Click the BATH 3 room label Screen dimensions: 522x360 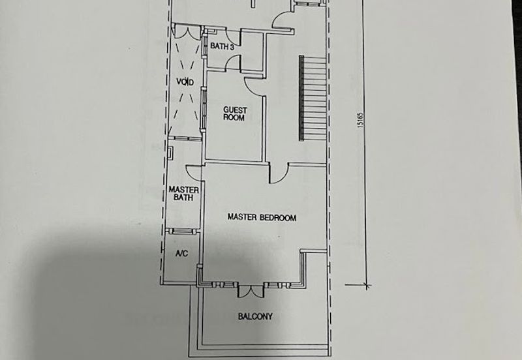222,46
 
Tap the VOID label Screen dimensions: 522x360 185,82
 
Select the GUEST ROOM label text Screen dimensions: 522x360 235,113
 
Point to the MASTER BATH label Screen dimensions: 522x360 183,193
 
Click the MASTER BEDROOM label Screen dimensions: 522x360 262,217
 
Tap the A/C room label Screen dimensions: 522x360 181,254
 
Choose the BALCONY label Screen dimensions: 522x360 255,316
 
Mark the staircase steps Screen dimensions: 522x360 313,98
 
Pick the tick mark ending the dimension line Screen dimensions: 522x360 367,285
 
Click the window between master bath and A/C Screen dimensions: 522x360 180,231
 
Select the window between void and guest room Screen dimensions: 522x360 203,108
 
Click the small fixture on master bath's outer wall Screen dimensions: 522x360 170,153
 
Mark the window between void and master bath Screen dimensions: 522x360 185,138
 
